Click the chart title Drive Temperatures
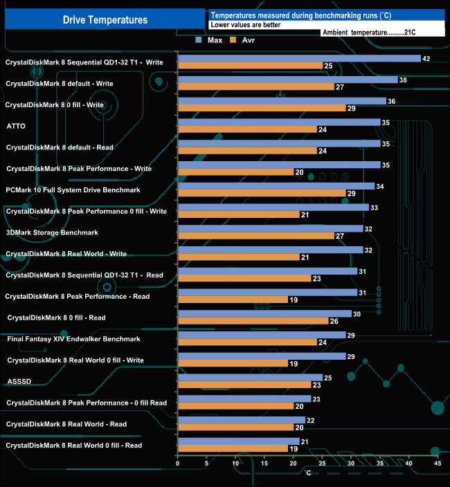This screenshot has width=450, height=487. tap(105, 20)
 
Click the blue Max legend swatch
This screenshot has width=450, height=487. tap(199, 40)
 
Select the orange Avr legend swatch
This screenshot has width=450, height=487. tap(233, 40)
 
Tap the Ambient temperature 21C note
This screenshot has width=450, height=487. tap(368, 33)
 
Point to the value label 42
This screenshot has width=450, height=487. tap(426, 59)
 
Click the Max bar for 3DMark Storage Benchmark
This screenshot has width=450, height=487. tap(270, 228)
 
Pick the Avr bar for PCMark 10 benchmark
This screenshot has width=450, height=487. tap(262, 193)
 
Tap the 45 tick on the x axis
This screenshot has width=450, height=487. tap(437, 463)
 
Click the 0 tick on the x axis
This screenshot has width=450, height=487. tap(178, 463)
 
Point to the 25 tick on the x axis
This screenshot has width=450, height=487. tap(322, 463)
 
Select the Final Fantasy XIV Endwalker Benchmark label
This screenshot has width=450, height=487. tap(73, 339)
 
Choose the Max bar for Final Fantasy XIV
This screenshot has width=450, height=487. tap(262, 335)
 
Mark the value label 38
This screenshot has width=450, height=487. tap(403, 80)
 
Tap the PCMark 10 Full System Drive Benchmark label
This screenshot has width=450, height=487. tap(73, 190)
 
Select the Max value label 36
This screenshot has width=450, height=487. tap(391, 101)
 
